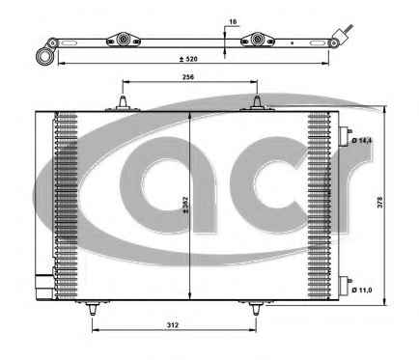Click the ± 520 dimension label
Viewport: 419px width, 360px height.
[x=188, y=59]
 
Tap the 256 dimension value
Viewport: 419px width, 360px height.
[x=188, y=77]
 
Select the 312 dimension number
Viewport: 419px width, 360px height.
[x=173, y=325]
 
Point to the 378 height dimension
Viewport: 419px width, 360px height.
[x=380, y=202]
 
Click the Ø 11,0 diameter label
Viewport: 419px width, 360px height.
[x=362, y=290]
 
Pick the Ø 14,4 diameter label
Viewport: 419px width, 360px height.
[x=362, y=141]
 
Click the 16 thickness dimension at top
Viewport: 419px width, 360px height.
[x=233, y=22]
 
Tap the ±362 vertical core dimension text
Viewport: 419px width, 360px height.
[x=185, y=205]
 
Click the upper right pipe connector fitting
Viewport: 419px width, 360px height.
[x=345, y=136]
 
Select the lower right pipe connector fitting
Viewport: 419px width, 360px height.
[x=345, y=286]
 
